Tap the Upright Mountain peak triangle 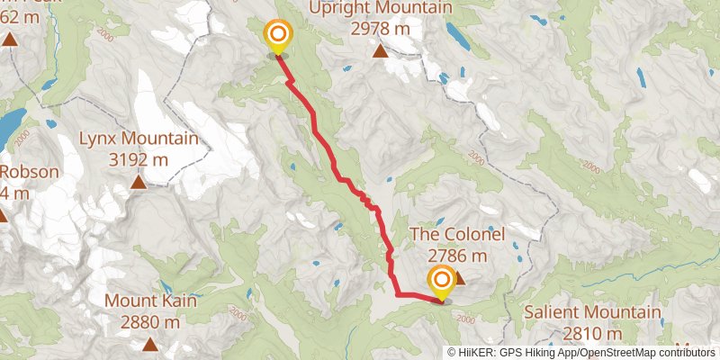(x=382, y=51)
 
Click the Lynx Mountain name (x=139, y=139)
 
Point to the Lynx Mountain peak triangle (x=139, y=183)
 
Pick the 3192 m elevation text (x=139, y=160)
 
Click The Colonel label (x=457, y=234)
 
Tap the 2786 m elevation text (x=457, y=255)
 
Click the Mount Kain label (x=150, y=300)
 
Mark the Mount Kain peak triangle (x=150, y=344)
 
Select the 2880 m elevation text (x=150, y=321)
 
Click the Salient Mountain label (x=594, y=314)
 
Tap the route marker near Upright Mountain (x=278, y=37)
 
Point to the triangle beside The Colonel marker (x=459, y=278)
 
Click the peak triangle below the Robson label (x=3, y=215)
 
